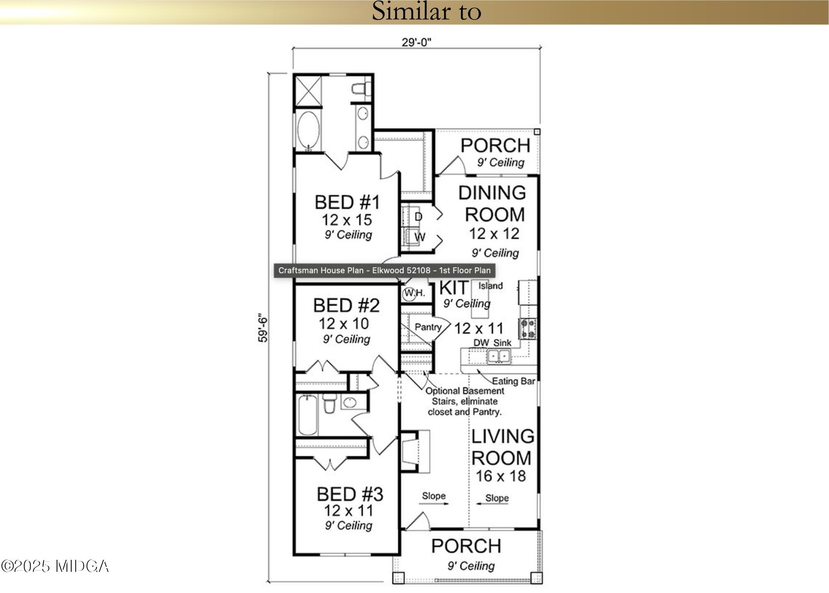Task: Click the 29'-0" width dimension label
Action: click(416, 42)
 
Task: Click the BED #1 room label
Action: click(347, 203)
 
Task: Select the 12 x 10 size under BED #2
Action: click(344, 323)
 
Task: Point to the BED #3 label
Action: click(350, 494)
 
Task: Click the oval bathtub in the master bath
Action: click(308, 130)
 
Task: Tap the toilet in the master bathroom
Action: click(360, 89)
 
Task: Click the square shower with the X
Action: click(308, 91)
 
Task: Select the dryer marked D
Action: click(418, 217)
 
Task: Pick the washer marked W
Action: click(419, 237)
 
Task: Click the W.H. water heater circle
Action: click(410, 293)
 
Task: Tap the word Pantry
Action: click(428, 327)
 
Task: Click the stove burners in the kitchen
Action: click(528, 328)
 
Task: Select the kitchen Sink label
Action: click(502, 343)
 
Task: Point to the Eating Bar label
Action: click(513, 381)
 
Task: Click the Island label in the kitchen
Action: click(490, 286)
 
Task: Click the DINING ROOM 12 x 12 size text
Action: click(494, 234)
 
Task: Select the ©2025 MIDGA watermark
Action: click(55, 566)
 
